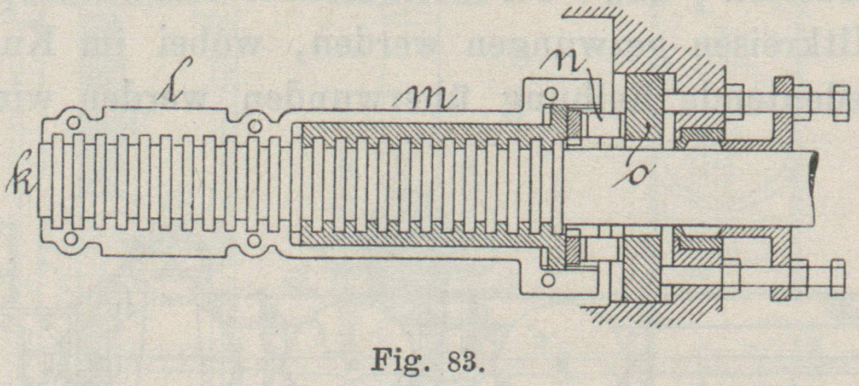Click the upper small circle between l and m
pyautogui.click(x=254, y=126)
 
